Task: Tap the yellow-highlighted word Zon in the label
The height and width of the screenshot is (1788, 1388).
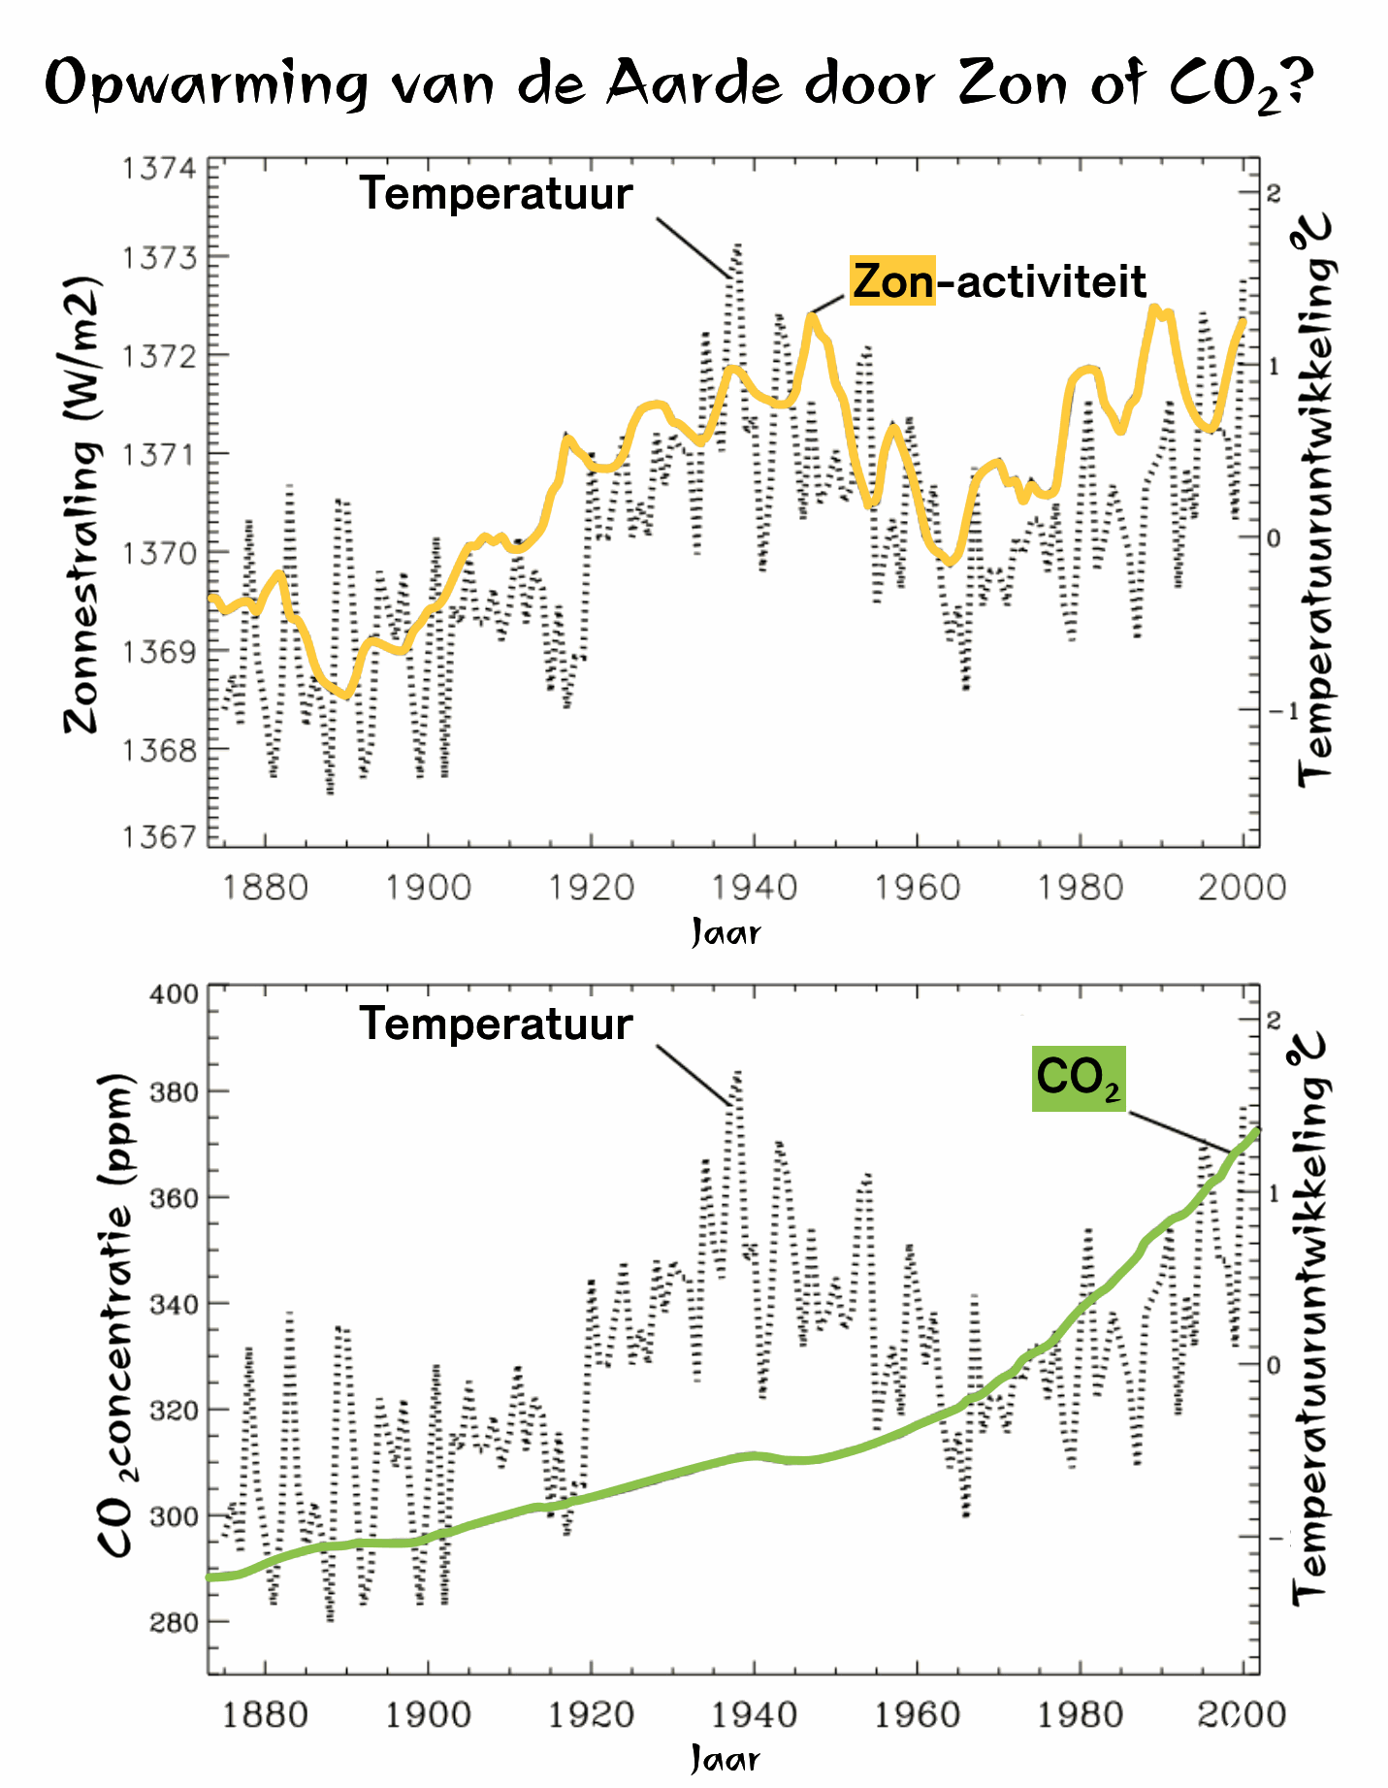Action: click(x=892, y=282)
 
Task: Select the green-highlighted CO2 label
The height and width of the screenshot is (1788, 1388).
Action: click(x=1078, y=1078)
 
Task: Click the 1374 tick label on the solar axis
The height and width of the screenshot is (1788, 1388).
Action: click(x=158, y=169)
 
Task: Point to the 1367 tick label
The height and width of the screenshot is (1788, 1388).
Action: click(x=158, y=836)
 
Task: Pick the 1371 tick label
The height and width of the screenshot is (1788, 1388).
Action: click(x=158, y=454)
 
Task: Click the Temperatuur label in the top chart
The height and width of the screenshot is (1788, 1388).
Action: click(x=496, y=194)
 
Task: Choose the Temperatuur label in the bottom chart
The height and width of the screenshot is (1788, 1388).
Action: click(x=496, y=1024)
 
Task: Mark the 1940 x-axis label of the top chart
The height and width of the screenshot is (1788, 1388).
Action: click(x=754, y=887)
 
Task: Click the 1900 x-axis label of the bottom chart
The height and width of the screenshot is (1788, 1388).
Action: click(x=428, y=1715)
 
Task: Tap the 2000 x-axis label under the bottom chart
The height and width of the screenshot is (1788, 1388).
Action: click(x=1241, y=1715)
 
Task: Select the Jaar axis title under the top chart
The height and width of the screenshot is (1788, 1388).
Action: click(x=726, y=933)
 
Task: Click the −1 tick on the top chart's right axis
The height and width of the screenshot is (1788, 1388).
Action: click(x=1283, y=711)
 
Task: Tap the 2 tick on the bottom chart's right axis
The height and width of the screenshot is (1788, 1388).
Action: click(x=1274, y=1020)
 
